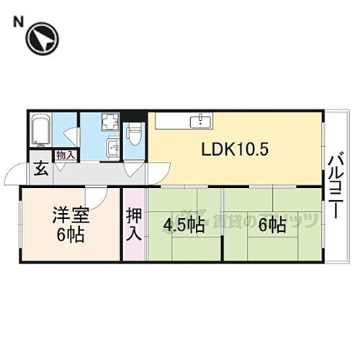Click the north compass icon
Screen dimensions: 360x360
(x=42, y=39)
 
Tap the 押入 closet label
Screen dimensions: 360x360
(x=134, y=223)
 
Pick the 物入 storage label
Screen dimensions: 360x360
(x=64, y=156)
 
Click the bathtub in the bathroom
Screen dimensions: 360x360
(x=40, y=131)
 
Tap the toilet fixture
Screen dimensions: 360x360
(x=134, y=133)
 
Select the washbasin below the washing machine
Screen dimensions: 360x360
(x=112, y=149)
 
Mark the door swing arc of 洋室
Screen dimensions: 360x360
(x=96, y=198)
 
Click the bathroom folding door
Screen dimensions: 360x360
(x=70, y=135)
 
